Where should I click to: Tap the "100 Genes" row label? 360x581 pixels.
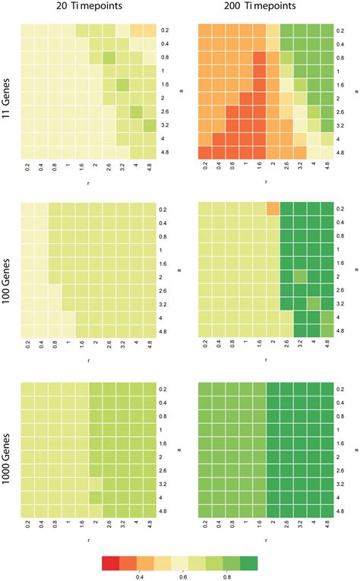coord(8,271)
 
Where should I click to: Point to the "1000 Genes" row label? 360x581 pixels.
coord(8,450)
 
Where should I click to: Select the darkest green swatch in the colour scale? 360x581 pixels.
coord(250,563)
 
